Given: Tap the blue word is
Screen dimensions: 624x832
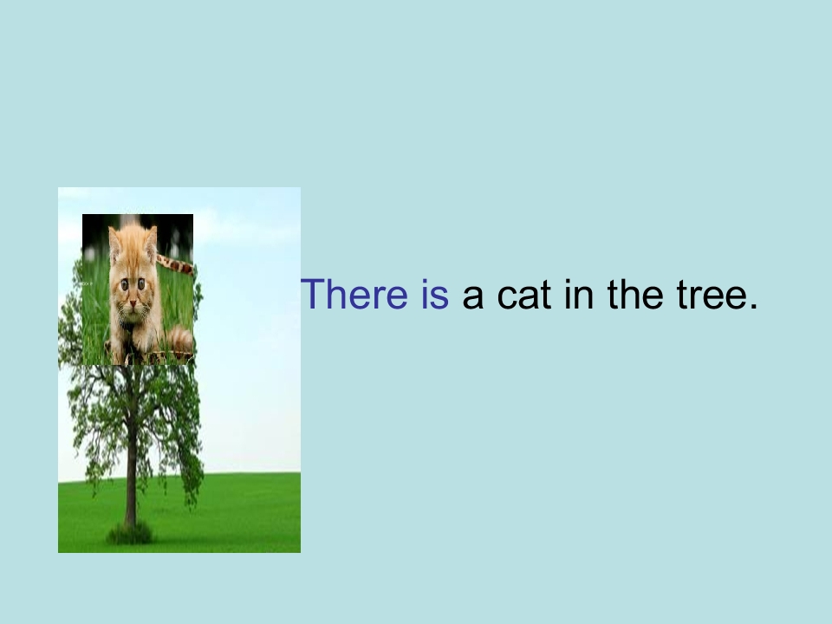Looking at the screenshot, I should (432, 296).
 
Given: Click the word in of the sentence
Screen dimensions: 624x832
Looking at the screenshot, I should (579, 296).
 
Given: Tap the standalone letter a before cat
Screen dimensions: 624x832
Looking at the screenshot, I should (473, 299).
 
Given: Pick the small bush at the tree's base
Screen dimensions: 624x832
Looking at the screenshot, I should (130, 533).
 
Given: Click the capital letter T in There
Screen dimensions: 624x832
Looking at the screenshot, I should (309, 296).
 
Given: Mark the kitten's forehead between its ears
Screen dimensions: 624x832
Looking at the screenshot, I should (132, 251).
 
